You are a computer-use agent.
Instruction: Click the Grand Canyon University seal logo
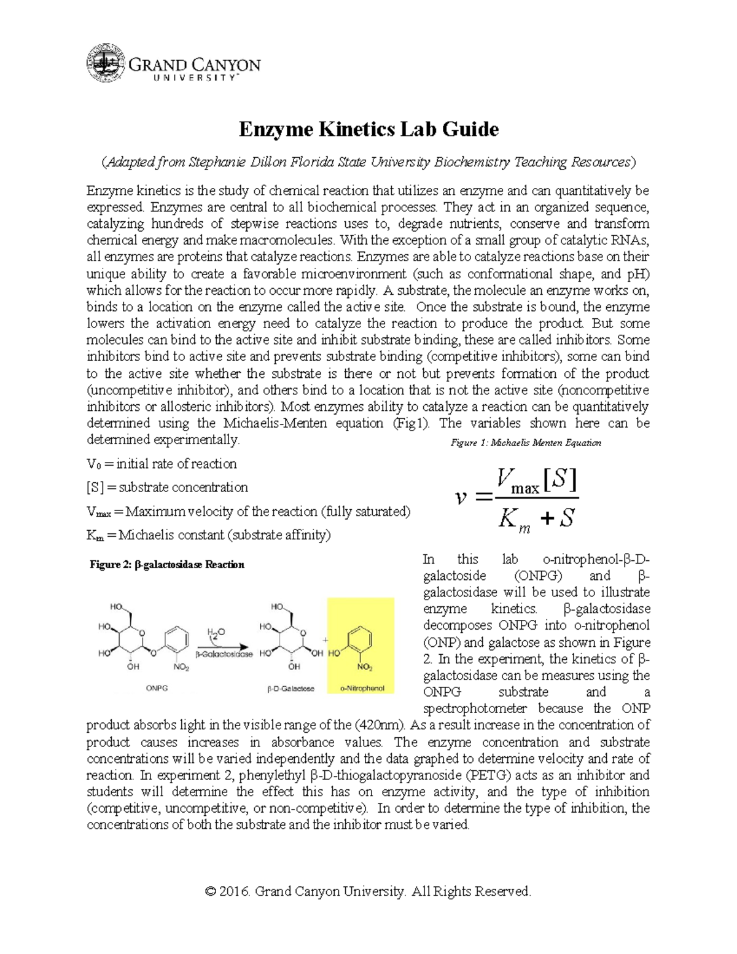[106, 63]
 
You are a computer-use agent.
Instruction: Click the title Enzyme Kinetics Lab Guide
[368, 130]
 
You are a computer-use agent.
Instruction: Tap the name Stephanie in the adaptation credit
[217, 162]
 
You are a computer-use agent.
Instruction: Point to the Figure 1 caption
[526, 442]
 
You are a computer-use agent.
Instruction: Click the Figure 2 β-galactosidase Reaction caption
[167, 565]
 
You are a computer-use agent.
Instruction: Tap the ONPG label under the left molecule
[157, 689]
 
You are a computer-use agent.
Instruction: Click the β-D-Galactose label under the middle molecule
[291, 689]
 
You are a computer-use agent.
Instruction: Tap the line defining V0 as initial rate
[162, 464]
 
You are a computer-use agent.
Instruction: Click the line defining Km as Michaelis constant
[209, 535]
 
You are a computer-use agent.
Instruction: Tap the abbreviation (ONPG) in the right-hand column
[537, 576]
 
